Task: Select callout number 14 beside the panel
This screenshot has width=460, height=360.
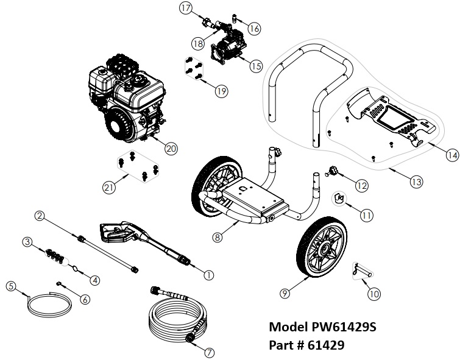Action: [x=451, y=155]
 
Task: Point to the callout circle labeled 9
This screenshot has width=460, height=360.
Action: [x=285, y=293]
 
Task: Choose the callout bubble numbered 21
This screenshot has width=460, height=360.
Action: [x=110, y=188]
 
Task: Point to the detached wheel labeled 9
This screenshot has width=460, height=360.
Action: [x=323, y=250]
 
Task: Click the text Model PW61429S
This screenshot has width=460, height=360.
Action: [x=323, y=327]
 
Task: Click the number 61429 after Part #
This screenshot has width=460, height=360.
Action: [x=325, y=345]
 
